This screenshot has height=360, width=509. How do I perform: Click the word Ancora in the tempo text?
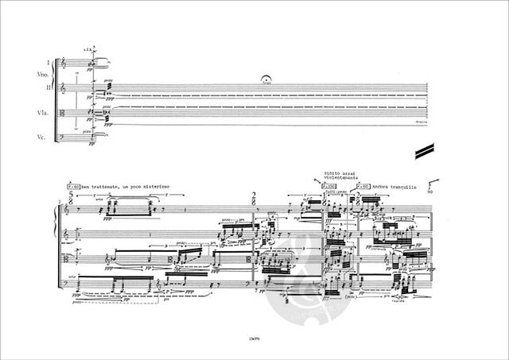click(384, 188)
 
